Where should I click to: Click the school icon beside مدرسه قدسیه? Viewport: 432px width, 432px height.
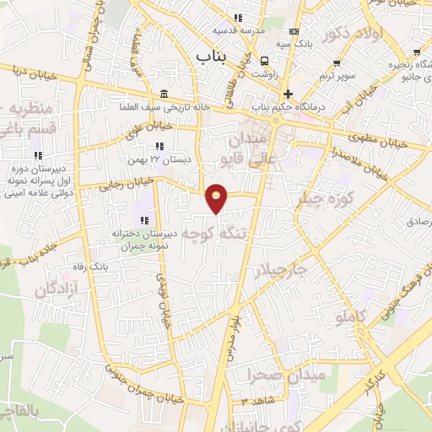(238, 18)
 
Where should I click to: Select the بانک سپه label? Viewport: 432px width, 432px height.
(300, 42)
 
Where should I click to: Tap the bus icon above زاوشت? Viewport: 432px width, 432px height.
(265, 60)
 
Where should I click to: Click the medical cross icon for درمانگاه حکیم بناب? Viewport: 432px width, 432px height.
(289, 94)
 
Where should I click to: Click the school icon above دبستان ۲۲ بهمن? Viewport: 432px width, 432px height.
(157, 147)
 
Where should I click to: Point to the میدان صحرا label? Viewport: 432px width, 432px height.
(272, 374)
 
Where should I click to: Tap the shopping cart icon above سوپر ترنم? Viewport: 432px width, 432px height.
(337, 62)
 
